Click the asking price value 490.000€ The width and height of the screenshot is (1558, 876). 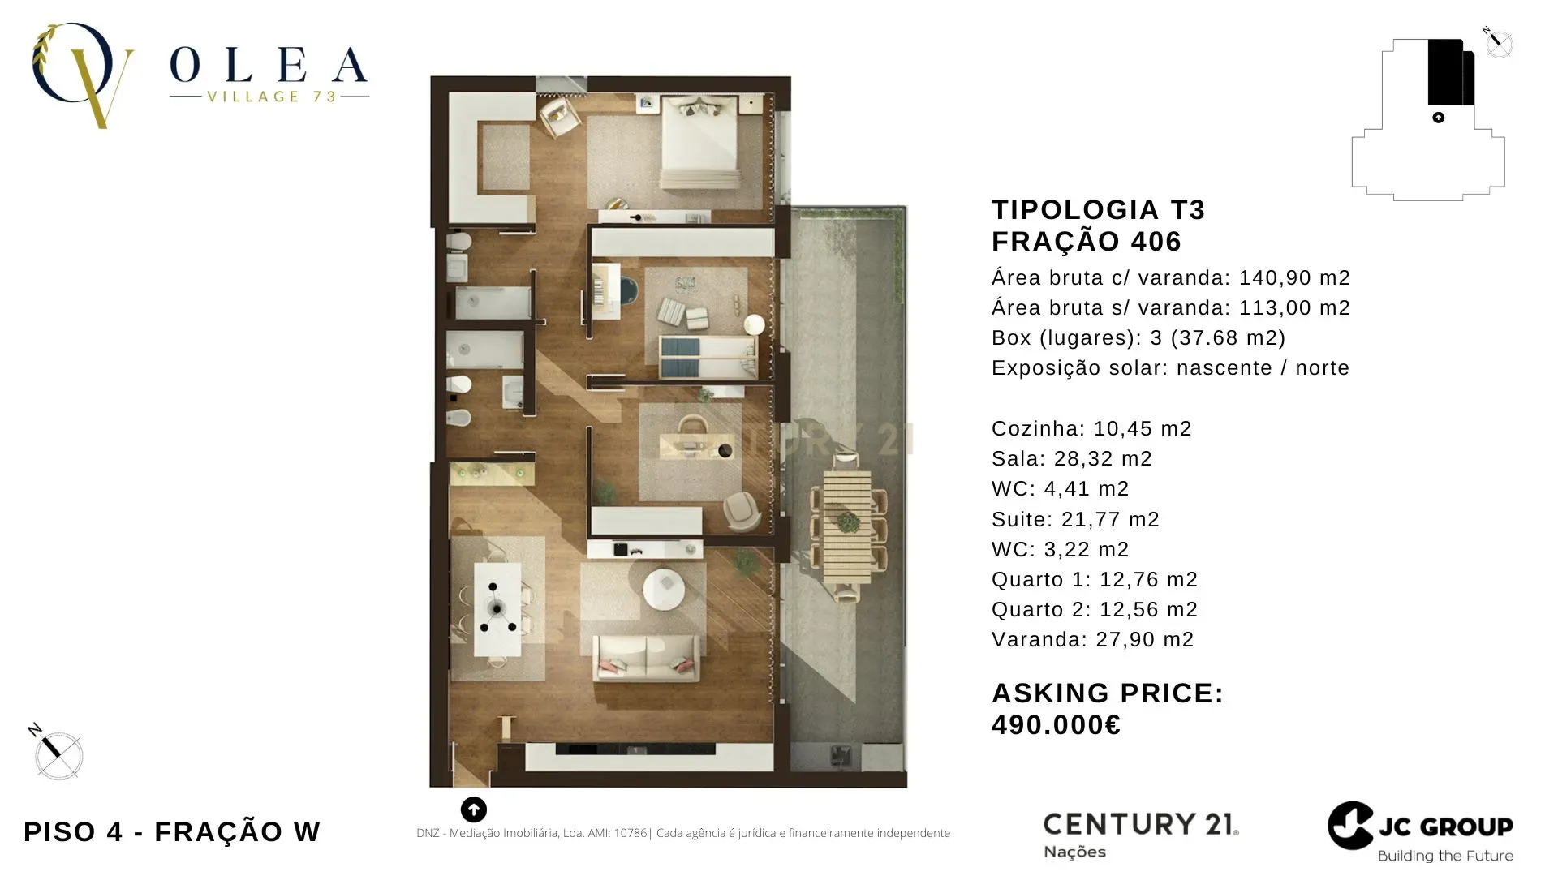tap(1056, 724)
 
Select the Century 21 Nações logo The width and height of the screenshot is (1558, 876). tap(1140, 834)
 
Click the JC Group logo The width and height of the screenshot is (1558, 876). tap(1420, 832)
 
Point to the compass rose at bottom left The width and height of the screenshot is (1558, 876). tap(58, 754)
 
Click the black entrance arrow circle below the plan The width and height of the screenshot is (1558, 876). tap(474, 809)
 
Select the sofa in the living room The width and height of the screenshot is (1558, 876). tap(647, 657)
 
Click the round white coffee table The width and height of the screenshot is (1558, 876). tap(664, 588)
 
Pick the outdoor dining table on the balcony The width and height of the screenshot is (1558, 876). tap(847, 527)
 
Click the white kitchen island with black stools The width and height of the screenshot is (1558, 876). tap(497, 608)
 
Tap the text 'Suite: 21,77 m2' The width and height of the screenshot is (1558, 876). tap(1075, 519)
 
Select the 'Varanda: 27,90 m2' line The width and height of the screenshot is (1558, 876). tap(1092, 639)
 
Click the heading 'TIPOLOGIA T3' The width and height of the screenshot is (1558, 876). tap(1098, 209)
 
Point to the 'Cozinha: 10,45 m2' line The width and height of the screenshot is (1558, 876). tap(1091, 428)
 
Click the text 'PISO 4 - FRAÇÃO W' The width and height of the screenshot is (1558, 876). tap(172, 831)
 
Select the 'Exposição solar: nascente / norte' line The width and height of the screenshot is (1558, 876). tap(1170, 367)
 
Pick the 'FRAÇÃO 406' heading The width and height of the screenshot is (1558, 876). tap(1087, 241)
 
